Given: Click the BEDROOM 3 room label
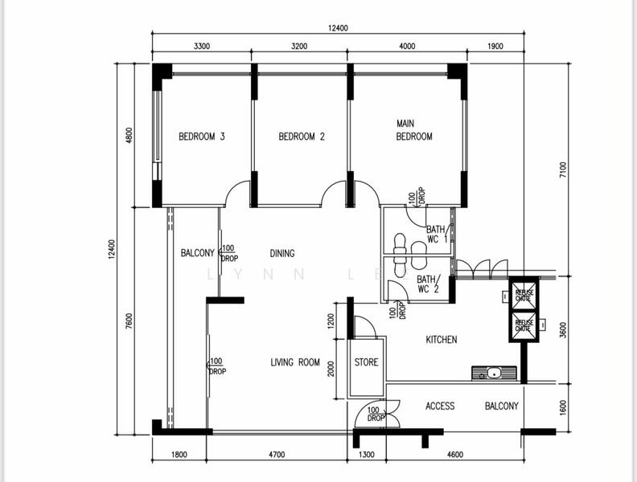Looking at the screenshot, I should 201,137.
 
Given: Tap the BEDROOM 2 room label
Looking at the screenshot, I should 302,137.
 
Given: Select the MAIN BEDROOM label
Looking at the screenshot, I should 413,130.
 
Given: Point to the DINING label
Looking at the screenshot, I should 282,253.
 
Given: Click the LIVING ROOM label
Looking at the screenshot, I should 295,362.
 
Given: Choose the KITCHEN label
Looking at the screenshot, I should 441,340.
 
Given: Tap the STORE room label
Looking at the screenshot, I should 366,362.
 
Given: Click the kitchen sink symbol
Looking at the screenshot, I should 492,373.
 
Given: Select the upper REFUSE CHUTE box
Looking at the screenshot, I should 524,294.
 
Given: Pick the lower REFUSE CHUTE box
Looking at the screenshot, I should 524,325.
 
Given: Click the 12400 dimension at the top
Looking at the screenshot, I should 338,28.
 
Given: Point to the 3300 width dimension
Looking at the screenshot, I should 202,47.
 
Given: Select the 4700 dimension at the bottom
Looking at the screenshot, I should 277,455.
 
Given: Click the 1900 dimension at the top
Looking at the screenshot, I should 495,47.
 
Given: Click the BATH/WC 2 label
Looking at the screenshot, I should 428,284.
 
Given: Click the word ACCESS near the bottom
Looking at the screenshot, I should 440,406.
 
